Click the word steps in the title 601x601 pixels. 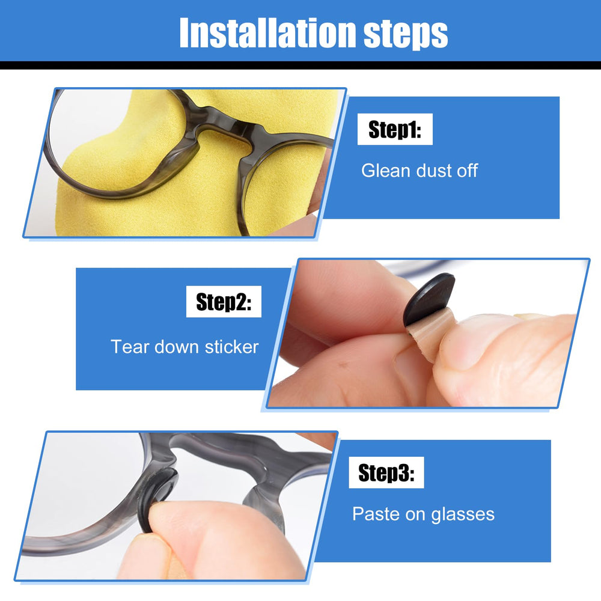[406, 34]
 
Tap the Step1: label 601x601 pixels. [395, 130]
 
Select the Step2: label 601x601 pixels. [224, 302]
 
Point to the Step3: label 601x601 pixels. [386, 473]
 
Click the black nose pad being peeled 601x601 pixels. [429, 298]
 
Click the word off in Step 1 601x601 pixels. [465, 171]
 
